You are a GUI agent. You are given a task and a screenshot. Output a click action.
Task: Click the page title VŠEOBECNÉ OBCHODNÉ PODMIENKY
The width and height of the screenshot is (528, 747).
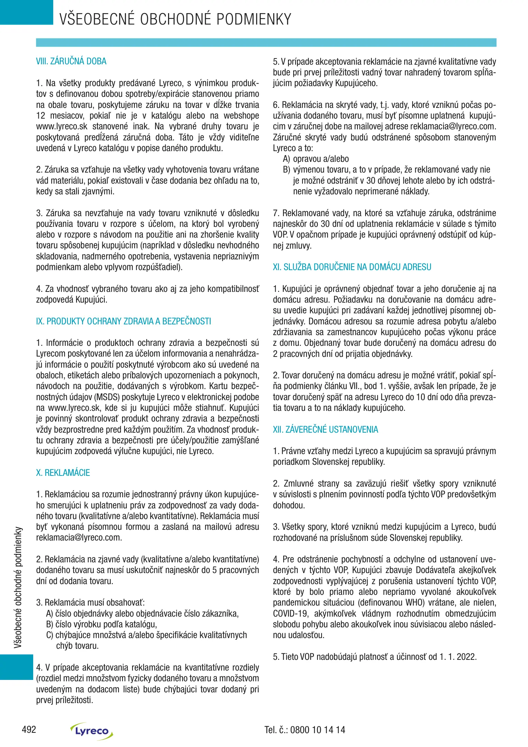point(175,19)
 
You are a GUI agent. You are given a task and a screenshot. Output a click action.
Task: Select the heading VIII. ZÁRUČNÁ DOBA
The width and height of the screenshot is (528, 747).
point(71,62)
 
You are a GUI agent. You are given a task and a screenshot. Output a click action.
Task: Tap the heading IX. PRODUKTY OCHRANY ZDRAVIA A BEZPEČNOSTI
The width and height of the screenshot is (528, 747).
point(123,321)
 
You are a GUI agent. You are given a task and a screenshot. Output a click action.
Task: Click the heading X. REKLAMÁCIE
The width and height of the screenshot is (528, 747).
point(63,473)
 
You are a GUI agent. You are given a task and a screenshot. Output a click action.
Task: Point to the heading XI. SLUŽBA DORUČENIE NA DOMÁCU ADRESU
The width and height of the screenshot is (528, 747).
point(352,267)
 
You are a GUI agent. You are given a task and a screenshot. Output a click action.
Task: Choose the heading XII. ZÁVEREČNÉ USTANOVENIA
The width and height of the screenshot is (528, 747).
point(325,430)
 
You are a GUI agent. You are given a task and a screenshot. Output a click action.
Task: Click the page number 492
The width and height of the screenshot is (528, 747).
point(29,729)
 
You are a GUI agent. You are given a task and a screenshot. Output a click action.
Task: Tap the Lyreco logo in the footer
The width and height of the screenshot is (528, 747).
point(92,731)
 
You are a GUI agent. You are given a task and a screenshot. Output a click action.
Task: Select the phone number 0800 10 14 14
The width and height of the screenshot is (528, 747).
point(317,730)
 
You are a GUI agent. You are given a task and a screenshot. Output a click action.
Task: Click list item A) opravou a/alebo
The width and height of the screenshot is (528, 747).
point(316,159)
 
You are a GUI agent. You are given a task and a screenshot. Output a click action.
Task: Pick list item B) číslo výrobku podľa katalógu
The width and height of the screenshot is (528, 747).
point(101,624)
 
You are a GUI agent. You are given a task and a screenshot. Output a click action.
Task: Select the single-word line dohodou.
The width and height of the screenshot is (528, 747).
point(289,505)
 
